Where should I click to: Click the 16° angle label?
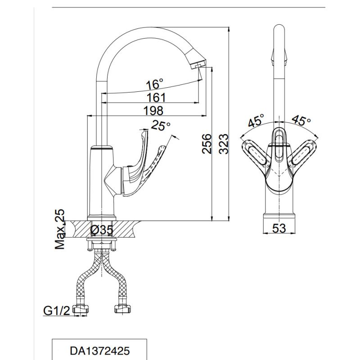[154, 84]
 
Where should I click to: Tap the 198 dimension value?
[153, 110]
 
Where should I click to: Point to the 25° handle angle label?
[161, 126]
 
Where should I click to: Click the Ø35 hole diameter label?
[101, 230]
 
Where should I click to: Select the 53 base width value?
[279, 228]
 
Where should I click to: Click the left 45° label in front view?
[255, 120]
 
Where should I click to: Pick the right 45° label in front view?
[301, 120]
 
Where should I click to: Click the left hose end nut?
[83, 310]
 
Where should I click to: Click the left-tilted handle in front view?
[255, 155]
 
